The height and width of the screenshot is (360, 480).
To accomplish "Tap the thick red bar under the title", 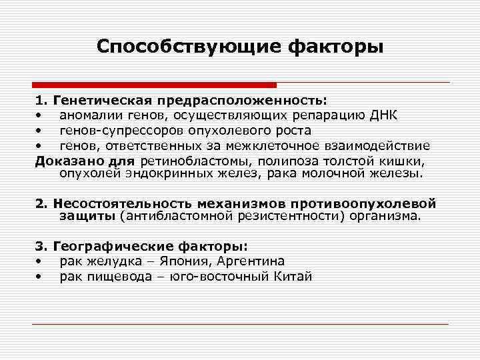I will click(x=154, y=85).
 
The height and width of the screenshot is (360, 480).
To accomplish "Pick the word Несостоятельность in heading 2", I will click(x=114, y=203).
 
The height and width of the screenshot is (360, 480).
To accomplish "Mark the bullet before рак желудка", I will click(x=40, y=261).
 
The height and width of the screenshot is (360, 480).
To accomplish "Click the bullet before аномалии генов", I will click(x=40, y=116).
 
